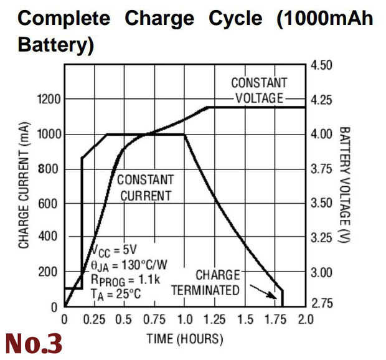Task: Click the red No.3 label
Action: [x=34, y=343]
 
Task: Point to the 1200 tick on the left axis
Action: [x=48, y=99]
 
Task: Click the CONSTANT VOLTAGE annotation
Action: [x=259, y=90]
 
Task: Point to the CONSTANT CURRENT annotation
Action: [x=146, y=187]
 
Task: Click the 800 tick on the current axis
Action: [x=51, y=168]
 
